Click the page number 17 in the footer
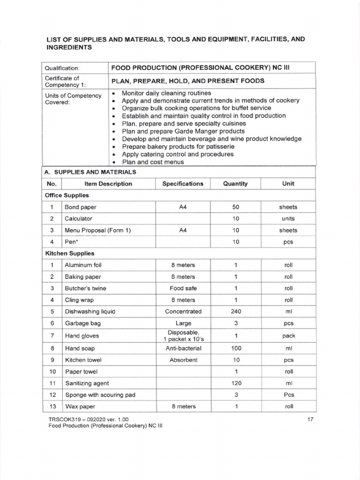pos(310,419)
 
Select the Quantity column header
pos(235,184)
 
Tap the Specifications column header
pos(183,184)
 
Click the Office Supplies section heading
pos(67,195)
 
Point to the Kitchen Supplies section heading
pos(69,253)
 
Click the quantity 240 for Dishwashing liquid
pos(236,311)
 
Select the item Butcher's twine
pos(85,288)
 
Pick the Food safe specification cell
pos(183,288)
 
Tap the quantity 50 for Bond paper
pos(236,207)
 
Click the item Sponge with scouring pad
pos(100,395)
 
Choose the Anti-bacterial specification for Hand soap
pos(183,348)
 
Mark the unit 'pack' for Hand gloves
pos(288,336)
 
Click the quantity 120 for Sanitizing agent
pos(236,383)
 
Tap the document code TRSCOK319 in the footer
pos(60,419)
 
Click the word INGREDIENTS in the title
pos(69,48)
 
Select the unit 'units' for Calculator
pos(288,218)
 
